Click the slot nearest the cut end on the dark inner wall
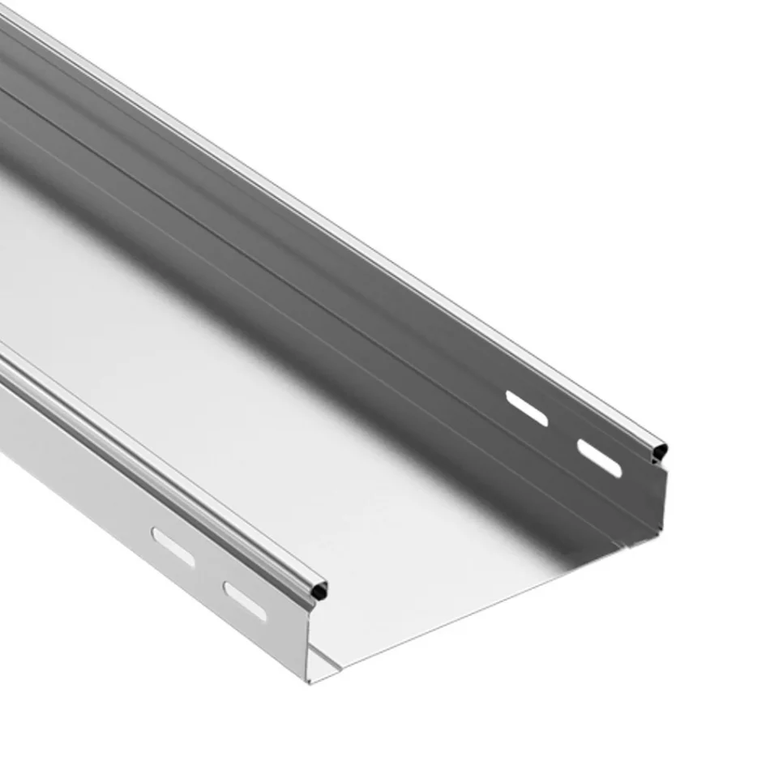click(x=599, y=458)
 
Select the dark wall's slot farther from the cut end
click(x=526, y=409)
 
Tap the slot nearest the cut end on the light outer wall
click(x=245, y=601)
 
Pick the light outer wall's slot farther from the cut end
click(x=173, y=546)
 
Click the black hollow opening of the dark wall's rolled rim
click(x=661, y=448)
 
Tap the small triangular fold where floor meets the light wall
click(x=324, y=661)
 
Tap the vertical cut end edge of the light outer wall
click(x=310, y=640)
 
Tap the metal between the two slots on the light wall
click(x=209, y=574)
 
